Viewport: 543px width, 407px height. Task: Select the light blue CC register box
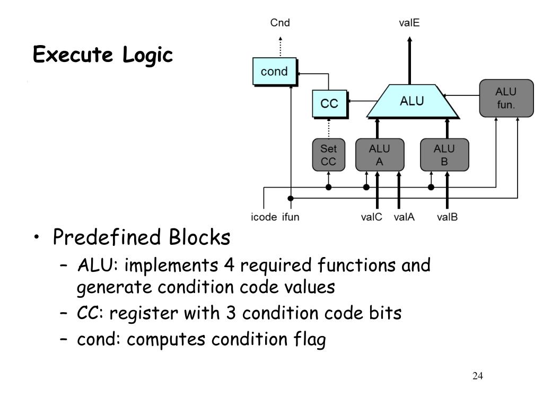tap(330, 104)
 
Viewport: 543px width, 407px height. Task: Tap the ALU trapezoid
tap(412, 101)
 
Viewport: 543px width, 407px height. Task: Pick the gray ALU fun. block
tap(506, 98)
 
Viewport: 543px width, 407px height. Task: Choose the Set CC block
tap(329, 155)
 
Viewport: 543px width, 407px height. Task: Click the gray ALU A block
tap(380, 155)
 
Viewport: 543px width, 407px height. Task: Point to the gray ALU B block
tap(444, 155)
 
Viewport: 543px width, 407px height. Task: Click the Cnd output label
tap(280, 23)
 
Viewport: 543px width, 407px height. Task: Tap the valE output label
tap(409, 23)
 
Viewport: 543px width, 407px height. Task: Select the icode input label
tap(264, 217)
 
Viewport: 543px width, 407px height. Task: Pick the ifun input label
tap(291, 217)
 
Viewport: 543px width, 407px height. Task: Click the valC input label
tap(371, 217)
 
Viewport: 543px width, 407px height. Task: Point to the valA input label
tap(404, 217)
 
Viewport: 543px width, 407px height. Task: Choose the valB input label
tap(447, 217)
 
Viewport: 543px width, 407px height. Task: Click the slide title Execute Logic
tap(103, 55)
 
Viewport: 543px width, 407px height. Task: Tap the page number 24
tap(478, 376)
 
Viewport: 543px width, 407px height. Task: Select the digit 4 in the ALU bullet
tap(229, 266)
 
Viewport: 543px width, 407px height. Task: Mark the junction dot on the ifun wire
tap(291, 198)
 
